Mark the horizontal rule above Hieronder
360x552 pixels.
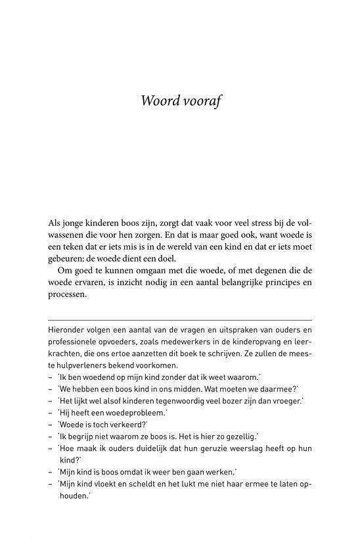pos(179,317)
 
